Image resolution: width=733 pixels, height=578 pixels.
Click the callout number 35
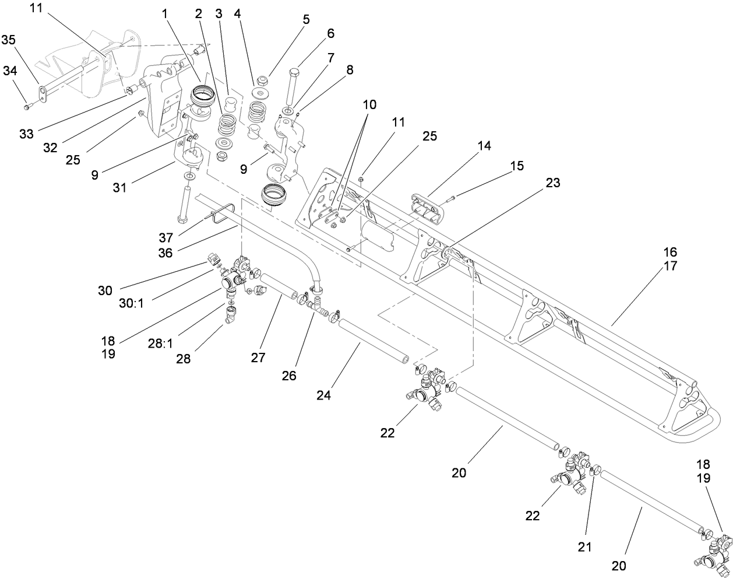(9, 40)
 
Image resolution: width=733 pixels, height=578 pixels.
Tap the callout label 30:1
(132, 304)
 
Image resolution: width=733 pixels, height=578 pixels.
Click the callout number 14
(484, 146)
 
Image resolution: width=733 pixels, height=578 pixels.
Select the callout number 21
(584, 547)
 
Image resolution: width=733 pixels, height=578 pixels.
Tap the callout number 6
(330, 34)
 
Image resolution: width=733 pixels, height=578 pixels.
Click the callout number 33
(26, 134)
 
